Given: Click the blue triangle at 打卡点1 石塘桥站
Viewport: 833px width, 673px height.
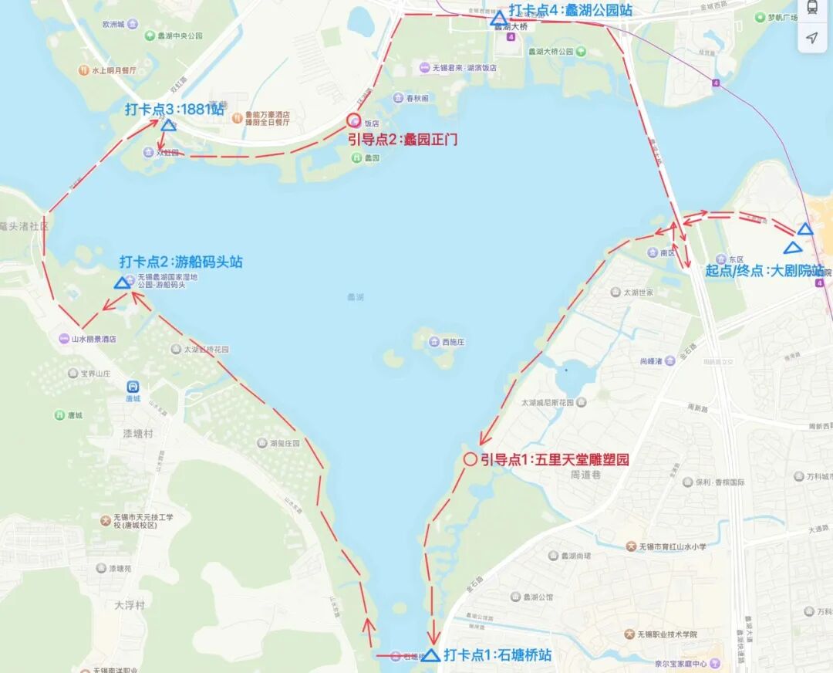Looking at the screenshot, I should (431, 656).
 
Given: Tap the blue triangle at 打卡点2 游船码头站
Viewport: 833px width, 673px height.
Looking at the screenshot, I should (122, 283).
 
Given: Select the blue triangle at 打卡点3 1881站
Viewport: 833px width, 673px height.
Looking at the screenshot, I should (168, 124).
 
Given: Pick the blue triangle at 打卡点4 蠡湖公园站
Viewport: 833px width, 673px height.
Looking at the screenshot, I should (498, 19).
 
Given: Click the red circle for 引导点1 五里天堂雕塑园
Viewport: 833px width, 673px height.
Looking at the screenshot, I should (470, 459).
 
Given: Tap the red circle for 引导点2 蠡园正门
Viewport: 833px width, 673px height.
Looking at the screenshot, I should (353, 120).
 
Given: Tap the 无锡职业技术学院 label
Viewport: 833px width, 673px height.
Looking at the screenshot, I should (667, 634).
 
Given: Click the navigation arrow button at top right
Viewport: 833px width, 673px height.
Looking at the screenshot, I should (811, 37).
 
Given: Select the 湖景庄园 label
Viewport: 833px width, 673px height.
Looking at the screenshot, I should (284, 444).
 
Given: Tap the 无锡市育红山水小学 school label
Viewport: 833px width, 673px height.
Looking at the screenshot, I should (671, 546).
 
